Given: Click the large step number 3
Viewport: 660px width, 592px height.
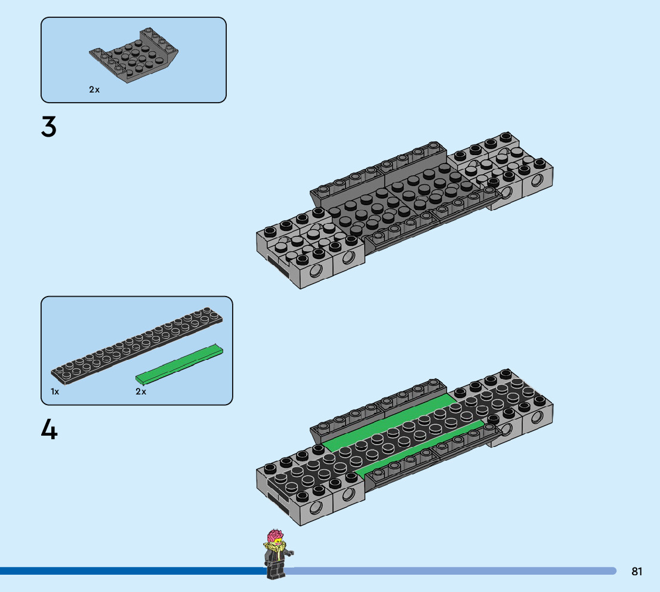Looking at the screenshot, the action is tap(49, 127).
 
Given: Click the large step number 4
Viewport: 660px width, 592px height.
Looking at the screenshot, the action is tap(49, 429).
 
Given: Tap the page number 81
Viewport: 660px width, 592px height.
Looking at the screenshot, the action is tap(637, 571).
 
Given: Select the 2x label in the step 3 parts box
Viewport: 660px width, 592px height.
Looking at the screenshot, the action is tap(94, 90).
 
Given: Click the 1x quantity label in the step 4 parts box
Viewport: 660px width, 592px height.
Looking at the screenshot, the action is tap(55, 391).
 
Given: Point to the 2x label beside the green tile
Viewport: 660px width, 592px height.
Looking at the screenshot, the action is tap(141, 391).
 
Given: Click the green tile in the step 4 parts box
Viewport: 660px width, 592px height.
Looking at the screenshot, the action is tap(179, 364).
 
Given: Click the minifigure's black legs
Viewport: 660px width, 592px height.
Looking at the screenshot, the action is tap(275, 570).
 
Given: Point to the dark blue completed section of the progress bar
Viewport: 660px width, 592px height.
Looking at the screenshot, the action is tap(131, 571).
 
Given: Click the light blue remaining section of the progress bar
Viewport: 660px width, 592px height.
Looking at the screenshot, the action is tap(448, 571).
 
